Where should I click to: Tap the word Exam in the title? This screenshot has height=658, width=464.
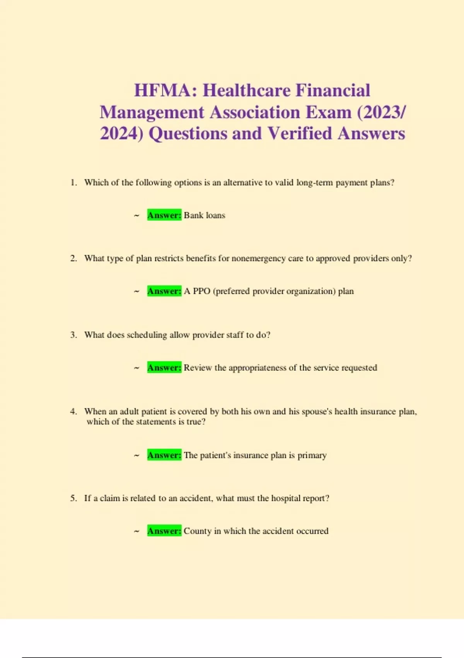pos(329,112)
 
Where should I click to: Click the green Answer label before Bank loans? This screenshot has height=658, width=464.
pos(164,215)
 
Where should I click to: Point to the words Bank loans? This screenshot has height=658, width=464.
pos(205,215)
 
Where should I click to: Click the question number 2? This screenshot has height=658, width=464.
pos(73,258)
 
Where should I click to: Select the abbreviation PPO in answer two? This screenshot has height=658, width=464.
pos(201,291)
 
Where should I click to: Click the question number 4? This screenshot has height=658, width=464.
pos(73,411)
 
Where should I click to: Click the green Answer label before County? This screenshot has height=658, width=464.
pos(164,531)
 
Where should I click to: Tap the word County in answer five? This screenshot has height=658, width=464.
pos(198,531)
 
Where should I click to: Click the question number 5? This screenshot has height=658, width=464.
pos(73,498)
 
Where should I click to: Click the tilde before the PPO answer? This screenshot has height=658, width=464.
pos(136,291)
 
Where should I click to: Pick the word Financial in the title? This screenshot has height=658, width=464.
pos(333,91)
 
